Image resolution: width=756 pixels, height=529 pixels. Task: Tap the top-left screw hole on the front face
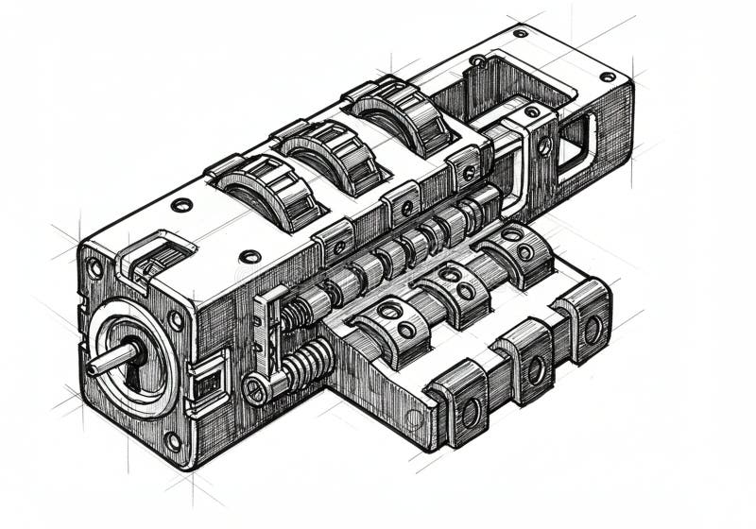pos(95,267)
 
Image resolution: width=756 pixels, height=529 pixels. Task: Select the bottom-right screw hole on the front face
pos(172,440)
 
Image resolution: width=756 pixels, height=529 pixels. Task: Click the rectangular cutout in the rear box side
pos(574,145)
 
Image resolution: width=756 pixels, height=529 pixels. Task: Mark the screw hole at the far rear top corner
pos(607,76)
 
